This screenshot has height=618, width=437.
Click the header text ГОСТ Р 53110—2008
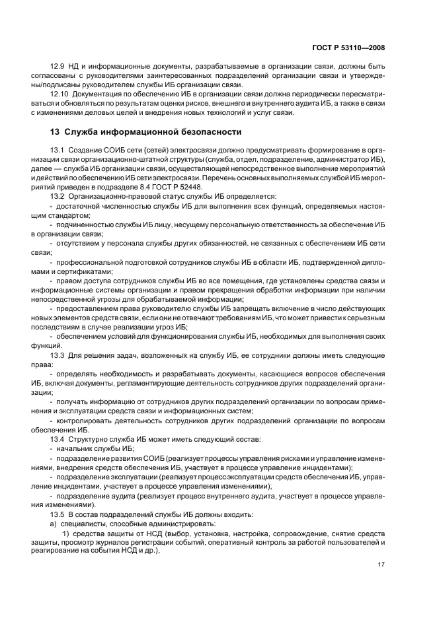pyautogui.click(x=349, y=48)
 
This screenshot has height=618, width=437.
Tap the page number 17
pyautogui.click(x=381, y=563)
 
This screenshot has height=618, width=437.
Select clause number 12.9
pyautogui.click(x=58, y=68)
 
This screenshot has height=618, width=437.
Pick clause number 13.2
pyautogui.click(x=58, y=196)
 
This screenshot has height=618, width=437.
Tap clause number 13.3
pyautogui.click(x=58, y=355)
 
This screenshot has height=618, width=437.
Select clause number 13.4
pyautogui.click(x=58, y=438)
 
